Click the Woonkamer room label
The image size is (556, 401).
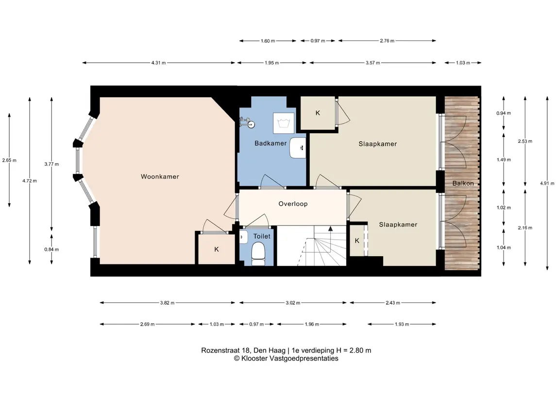point(160,176)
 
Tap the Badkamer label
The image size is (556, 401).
point(270,143)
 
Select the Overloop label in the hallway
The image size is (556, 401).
point(293,204)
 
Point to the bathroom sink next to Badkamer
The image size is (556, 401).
point(298,148)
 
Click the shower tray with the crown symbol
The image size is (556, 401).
point(283,123)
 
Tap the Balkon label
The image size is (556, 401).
point(463,183)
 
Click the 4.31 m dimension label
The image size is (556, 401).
point(158,63)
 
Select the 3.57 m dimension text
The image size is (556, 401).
point(372,63)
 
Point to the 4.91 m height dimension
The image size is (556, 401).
point(547,183)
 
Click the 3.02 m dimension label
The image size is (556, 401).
point(293,303)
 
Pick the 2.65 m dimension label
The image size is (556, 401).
point(9,160)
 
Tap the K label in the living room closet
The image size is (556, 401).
point(217,249)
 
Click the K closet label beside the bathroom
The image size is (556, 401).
point(318,113)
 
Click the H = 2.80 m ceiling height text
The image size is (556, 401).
point(354,350)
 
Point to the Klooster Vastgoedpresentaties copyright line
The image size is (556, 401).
point(286,358)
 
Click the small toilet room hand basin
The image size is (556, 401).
point(244,237)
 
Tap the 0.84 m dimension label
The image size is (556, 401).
point(52,249)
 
